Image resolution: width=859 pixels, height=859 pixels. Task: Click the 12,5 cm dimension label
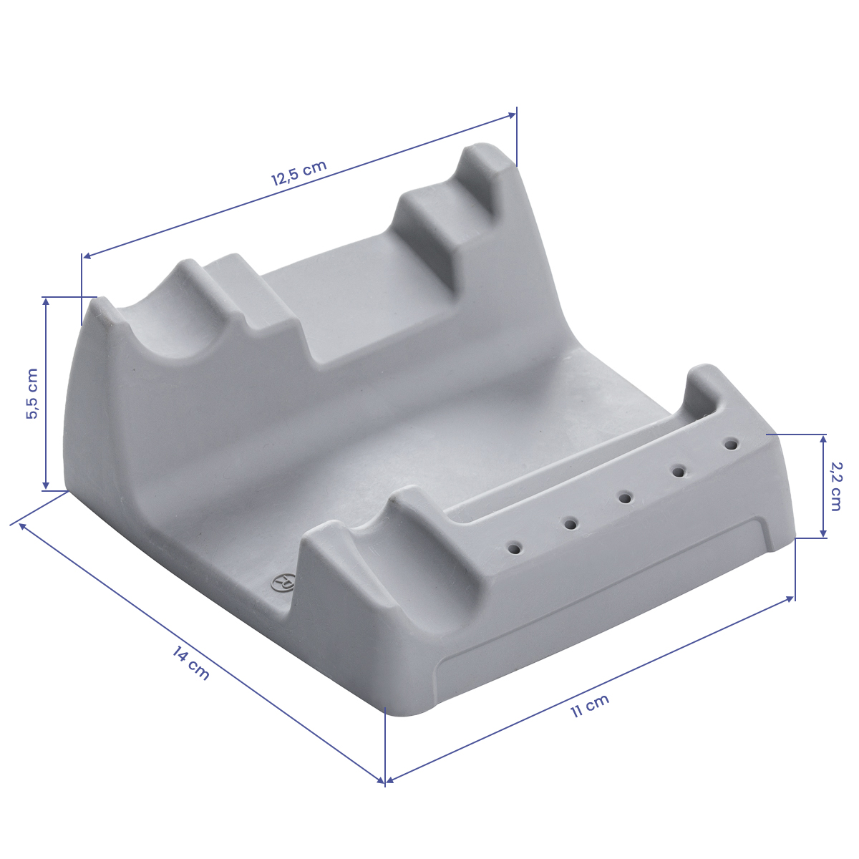299,173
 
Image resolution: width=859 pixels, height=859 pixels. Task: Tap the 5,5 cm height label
32,394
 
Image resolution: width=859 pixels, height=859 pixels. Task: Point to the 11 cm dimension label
590,706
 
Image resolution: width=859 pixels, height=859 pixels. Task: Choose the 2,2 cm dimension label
835,486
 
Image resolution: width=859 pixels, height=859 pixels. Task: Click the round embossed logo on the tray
283,582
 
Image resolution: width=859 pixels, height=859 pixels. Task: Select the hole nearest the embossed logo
515,548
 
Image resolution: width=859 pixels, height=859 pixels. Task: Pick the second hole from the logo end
571,523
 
